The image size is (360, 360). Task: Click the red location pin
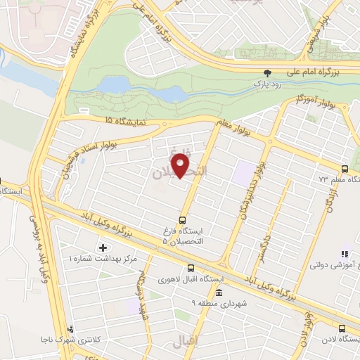(181, 166)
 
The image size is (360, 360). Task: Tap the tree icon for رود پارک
(266, 72)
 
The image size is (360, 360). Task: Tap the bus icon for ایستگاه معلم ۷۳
(344, 169)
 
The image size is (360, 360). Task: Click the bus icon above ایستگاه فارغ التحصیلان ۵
(183, 219)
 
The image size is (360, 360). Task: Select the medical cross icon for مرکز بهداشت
(104, 247)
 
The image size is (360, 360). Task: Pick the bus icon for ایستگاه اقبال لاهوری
(191, 267)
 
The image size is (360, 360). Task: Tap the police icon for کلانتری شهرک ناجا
(70, 329)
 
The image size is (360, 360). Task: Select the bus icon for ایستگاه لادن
(342, 328)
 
